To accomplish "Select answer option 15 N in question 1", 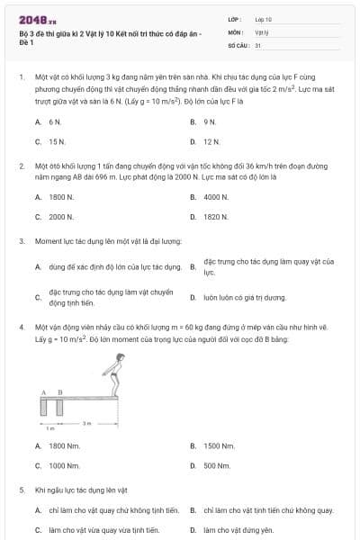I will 56,142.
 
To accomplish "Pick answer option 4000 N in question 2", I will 215,196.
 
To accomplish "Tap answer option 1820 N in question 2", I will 215,217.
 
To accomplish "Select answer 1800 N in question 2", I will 61,196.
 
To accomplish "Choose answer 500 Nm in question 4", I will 217,465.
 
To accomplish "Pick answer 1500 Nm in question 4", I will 219,445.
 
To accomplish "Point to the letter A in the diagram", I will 43,392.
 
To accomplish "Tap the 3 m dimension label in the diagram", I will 86,422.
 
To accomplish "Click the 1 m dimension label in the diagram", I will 50,428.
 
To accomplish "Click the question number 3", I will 21,241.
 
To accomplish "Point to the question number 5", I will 21,490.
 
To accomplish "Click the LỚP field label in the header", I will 235,18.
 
